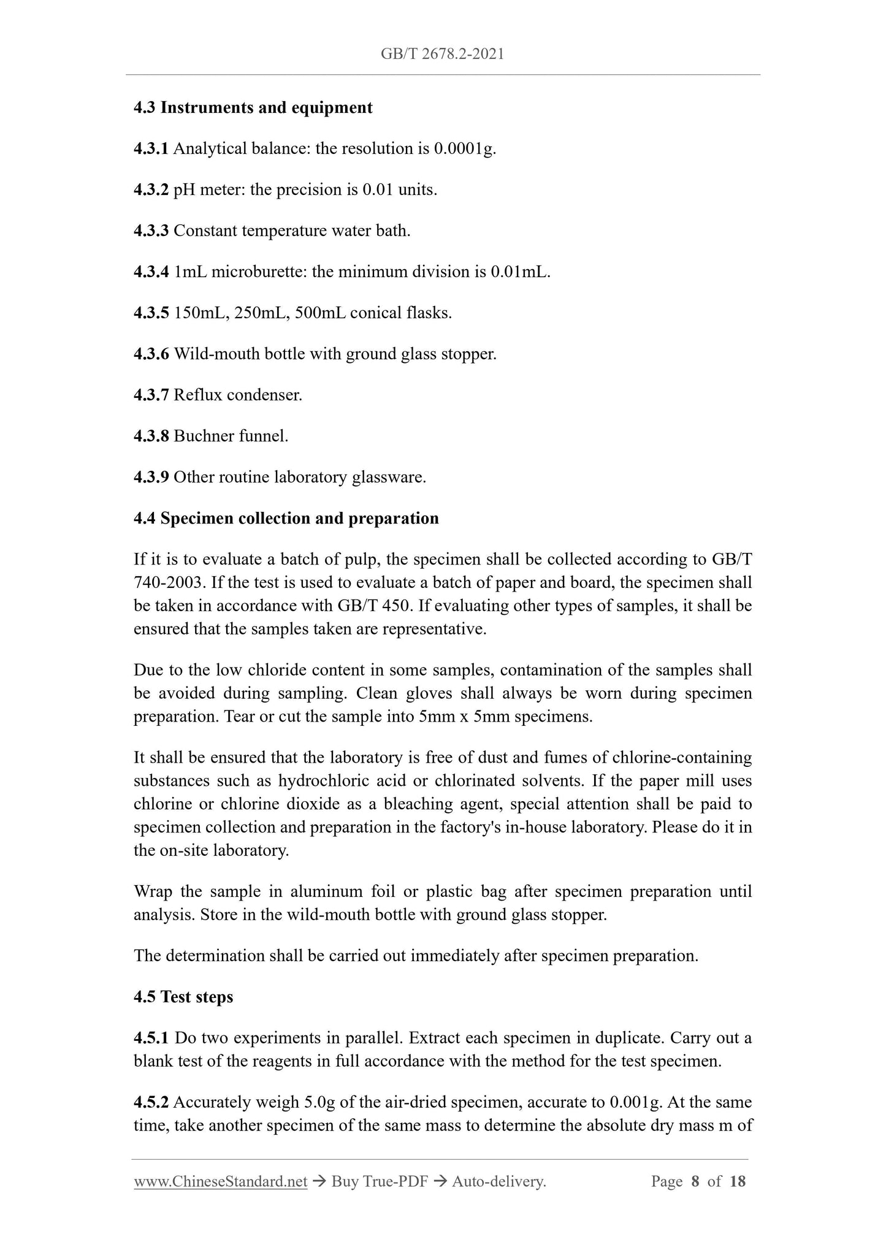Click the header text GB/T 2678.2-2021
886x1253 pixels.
click(442, 54)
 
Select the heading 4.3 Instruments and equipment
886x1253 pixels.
click(253, 108)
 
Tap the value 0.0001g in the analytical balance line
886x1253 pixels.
click(464, 149)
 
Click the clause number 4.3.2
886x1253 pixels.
click(151, 190)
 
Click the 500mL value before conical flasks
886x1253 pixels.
click(320, 313)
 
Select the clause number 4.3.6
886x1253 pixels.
click(151, 354)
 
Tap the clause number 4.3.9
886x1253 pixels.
click(151, 478)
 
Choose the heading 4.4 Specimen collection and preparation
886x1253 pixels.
click(286, 519)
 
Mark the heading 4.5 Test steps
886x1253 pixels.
click(183, 997)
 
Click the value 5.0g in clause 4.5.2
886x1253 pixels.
click(319, 1103)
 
